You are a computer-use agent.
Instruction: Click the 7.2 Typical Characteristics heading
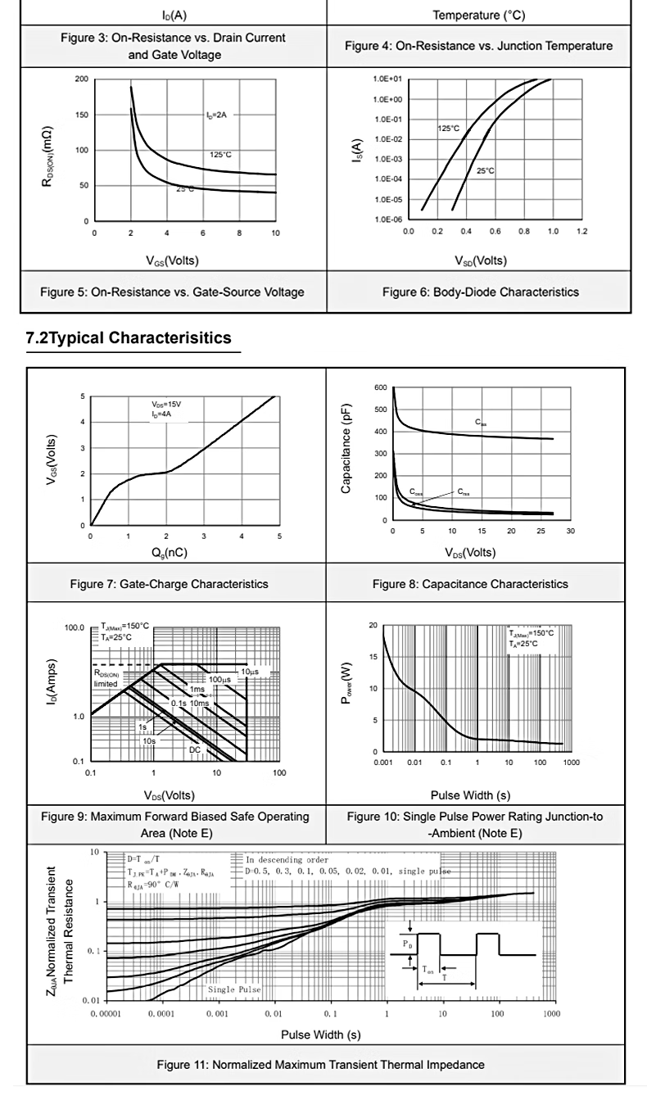[129, 338]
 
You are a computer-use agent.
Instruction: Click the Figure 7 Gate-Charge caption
[169, 584]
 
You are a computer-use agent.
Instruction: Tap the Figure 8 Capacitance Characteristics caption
[469, 584]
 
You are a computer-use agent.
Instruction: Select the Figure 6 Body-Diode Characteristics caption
[480, 292]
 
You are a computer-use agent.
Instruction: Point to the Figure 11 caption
[320, 1065]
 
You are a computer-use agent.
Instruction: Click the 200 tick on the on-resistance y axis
[81, 79]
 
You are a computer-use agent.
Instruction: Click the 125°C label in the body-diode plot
[448, 129]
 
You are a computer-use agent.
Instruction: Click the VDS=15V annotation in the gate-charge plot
[166, 405]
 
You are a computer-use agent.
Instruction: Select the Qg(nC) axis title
[170, 553]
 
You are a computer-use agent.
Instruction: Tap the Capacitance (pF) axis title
[346, 449]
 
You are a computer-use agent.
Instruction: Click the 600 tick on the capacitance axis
[380, 387]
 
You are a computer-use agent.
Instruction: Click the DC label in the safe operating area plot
[195, 749]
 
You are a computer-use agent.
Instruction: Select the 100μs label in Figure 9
[219, 680]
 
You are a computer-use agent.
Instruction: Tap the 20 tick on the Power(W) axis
[373, 626]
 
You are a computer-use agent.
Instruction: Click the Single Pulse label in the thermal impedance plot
[234, 989]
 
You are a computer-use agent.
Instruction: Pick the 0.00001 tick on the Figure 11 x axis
[106, 1014]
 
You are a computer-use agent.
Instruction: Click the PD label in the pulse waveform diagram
[408, 944]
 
